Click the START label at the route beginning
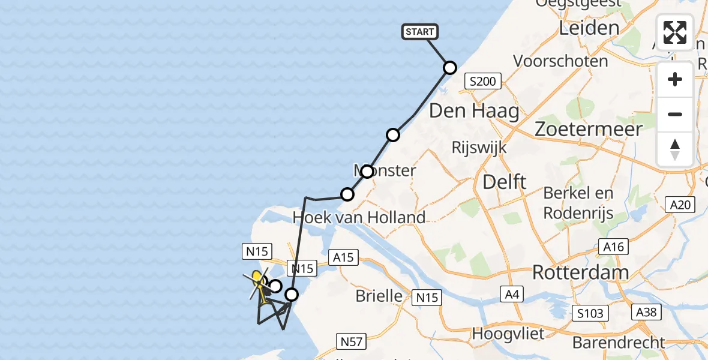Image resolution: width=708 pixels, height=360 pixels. tap(420, 32)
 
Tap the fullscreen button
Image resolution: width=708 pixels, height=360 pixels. tap(675, 32)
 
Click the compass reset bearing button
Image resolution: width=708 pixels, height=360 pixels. tap(675, 149)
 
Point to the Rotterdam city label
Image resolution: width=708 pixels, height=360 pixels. tap(580, 272)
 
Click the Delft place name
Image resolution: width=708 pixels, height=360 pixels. tap(504, 182)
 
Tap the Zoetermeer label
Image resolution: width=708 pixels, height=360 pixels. tap(589, 129)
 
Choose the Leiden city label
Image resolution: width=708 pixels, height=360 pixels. tap(589, 28)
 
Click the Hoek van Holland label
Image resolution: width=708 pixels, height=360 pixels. tap(359, 217)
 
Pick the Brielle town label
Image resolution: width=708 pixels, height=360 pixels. tap(379, 295)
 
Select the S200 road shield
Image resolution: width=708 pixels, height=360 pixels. tap(484, 81)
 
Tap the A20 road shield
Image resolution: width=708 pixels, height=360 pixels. tap(680, 205)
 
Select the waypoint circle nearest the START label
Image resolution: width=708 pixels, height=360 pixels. tap(449, 68)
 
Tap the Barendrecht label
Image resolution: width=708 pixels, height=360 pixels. tap(619, 343)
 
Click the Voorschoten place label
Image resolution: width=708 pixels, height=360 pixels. tap(560, 61)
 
